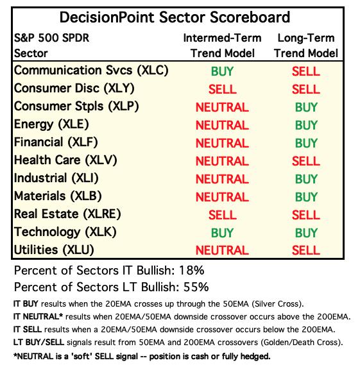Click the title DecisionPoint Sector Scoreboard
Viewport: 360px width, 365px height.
(175, 17)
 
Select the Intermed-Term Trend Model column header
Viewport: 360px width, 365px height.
(222, 46)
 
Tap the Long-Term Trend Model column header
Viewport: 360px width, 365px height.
(306, 46)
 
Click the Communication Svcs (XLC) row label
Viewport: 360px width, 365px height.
(91, 71)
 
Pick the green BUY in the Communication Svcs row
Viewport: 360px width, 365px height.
(222, 71)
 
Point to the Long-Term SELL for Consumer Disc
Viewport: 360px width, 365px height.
(306, 89)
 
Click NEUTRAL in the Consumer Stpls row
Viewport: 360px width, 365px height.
(222, 107)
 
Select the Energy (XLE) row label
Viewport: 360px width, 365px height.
(51, 124)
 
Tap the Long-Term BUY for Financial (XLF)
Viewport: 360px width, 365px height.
(306, 143)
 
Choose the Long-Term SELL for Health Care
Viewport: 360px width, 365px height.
(306, 161)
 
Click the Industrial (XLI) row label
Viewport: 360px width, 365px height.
(56, 178)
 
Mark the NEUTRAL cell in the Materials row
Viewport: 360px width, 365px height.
(222, 197)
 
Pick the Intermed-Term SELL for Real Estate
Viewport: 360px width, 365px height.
(223, 215)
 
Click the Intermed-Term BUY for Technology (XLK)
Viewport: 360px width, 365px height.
(222, 233)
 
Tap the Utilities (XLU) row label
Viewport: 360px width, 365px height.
(54, 250)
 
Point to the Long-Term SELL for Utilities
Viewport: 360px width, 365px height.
(306, 250)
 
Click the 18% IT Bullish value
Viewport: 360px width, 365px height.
(192, 271)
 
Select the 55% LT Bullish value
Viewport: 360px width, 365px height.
(196, 287)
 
